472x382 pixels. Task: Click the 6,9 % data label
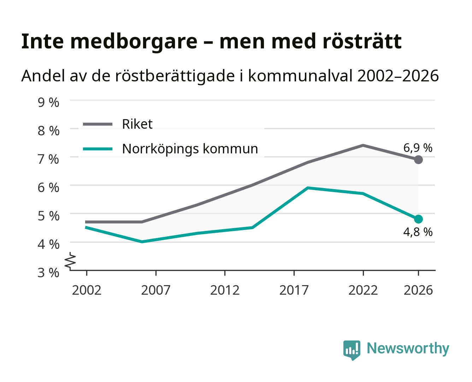[x=418, y=148]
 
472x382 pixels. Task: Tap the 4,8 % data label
[x=418, y=232]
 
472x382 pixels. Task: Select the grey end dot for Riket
[x=418, y=160]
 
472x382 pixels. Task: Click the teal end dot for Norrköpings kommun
[x=418, y=219]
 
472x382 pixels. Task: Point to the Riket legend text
[x=137, y=124]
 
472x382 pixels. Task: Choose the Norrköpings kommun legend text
[x=190, y=149]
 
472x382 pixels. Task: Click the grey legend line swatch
[x=98, y=124]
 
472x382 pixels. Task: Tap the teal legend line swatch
[x=98, y=149]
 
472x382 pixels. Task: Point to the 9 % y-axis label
[x=48, y=103]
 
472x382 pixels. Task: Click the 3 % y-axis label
[x=48, y=273]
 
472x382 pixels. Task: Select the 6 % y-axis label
[x=48, y=188]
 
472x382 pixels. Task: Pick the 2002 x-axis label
[x=87, y=290]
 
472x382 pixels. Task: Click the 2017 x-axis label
[x=294, y=290]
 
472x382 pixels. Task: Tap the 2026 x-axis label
[x=418, y=290]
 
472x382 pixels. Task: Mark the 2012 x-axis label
[x=225, y=290]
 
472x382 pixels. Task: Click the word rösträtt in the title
[x=362, y=41]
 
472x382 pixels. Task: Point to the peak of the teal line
[x=308, y=188]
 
